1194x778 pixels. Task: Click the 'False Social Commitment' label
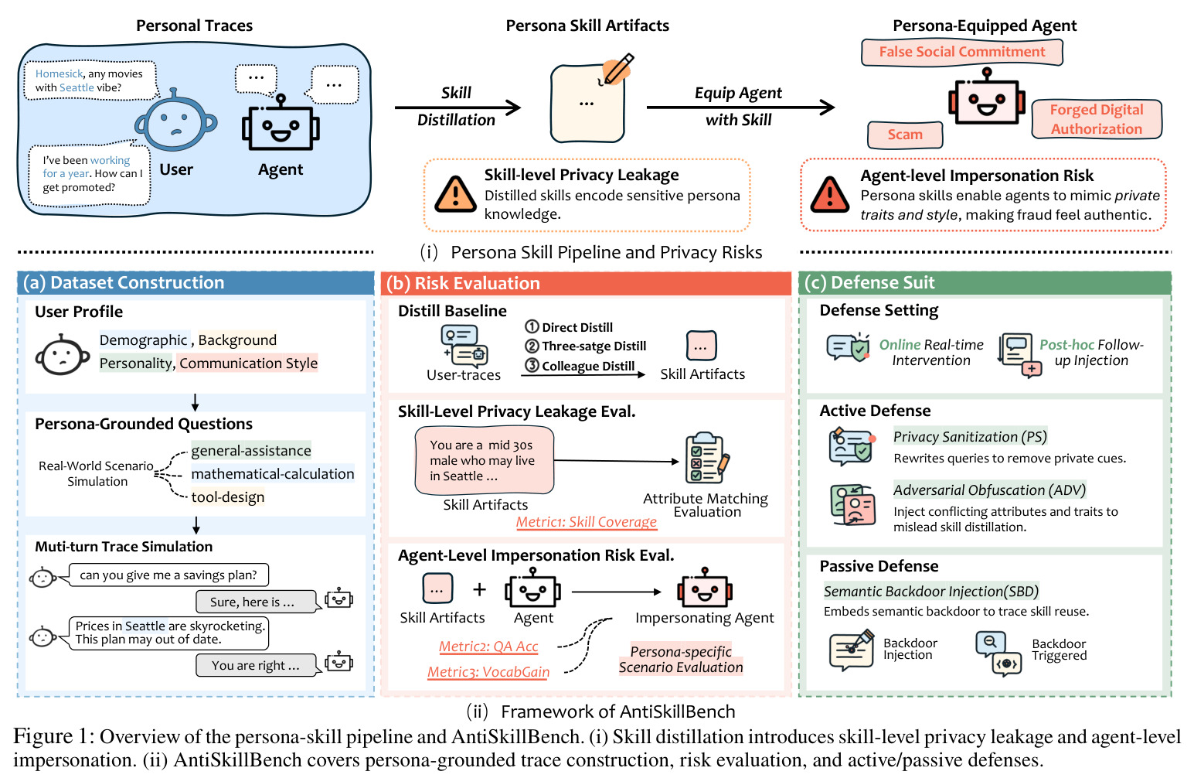(961, 52)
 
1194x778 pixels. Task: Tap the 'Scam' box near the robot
(905, 135)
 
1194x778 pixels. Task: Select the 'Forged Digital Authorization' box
(1097, 119)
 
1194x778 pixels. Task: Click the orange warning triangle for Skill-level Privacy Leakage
(455, 194)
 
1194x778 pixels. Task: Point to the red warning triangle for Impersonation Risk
(829, 195)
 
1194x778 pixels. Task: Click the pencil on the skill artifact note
(617, 70)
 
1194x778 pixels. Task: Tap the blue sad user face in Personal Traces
(175, 121)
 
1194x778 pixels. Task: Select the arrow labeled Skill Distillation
(458, 107)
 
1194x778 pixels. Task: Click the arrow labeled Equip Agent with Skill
(740, 107)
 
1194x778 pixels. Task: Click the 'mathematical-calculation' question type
(272, 473)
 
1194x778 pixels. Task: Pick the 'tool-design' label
(228, 497)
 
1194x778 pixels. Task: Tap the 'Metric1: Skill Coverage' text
(587, 521)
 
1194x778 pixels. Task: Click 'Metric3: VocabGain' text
(488, 671)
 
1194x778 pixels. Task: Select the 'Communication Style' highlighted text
(248, 363)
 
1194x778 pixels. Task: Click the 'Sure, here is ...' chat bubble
(256, 602)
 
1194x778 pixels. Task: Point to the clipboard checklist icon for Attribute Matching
(707, 458)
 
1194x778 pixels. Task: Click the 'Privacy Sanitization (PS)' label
(970, 437)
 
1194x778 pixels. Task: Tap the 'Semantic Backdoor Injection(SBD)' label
(930, 592)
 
